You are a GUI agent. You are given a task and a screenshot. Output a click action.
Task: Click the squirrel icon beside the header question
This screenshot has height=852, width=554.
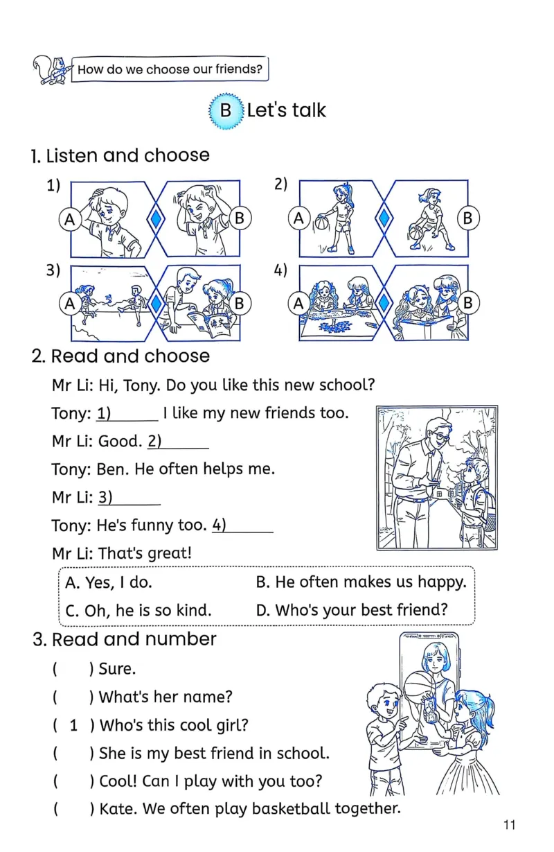click(51, 70)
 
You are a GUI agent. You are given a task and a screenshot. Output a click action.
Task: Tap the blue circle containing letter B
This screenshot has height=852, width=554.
click(226, 111)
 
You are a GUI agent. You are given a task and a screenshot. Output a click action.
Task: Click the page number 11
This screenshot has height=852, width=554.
click(510, 824)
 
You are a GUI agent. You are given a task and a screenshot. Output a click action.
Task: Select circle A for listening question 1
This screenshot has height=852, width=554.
click(69, 219)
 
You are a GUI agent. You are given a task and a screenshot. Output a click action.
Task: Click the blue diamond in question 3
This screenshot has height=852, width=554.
click(157, 303)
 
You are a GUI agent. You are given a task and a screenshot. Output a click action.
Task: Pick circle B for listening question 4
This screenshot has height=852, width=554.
click(467, 303)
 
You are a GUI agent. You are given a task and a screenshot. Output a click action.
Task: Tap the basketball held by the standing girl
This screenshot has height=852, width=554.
click(321, 224)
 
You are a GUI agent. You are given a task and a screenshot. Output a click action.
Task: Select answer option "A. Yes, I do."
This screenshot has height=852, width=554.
click(108, 583)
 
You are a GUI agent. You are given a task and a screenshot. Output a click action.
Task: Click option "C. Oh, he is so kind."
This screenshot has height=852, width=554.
click(138, 611)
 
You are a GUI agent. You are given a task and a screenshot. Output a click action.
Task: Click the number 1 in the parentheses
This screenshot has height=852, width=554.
click(73, 726)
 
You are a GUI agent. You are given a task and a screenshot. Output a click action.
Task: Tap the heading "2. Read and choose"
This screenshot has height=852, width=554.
click(120, 356)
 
